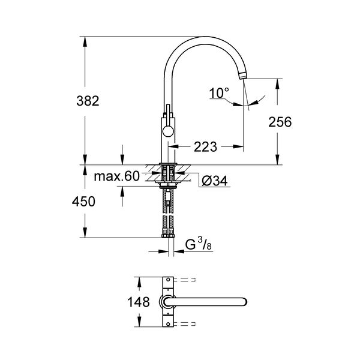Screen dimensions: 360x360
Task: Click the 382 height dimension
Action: (x=88, y=101)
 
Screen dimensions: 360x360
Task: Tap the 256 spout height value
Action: (x=280, y=122)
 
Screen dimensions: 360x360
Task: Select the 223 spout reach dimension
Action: (x=205, y=147)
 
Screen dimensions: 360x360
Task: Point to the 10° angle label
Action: (x=219, y=93)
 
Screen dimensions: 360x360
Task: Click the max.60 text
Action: (x=117, y=176)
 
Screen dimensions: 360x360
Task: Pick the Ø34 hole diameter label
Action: (x=215, y=181)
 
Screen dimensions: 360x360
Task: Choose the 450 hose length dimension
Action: (x=83, y=202)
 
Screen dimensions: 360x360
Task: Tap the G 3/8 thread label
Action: (x=199, y=244)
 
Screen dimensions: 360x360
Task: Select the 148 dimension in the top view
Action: (x=139, y=302)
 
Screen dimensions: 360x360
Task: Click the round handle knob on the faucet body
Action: (x=168, y=132)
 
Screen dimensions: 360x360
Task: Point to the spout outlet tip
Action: (x=243, y=76)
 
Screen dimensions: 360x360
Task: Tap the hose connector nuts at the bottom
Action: (x=168, y=236)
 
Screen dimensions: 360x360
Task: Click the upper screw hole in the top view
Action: (x=168, y=280)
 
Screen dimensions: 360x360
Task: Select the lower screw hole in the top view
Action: (x=168, y=324)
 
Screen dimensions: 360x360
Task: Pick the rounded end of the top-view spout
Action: (x=243, y=302)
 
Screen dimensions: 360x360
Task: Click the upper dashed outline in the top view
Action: (x=185, y=280)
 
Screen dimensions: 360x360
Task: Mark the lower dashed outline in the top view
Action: (x=185, y=324)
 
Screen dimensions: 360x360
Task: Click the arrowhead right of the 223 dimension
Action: (x=238, y=147)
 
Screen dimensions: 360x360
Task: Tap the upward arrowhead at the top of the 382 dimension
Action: (x=85, y=41)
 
